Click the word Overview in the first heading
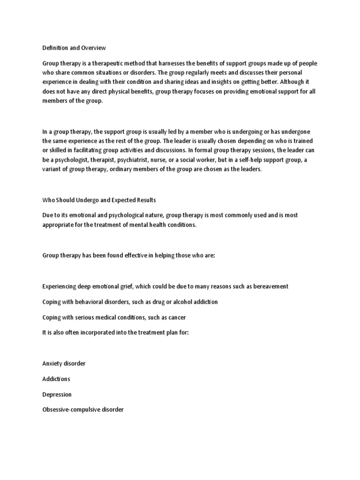pos(94,48)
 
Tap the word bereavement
pos(267,286)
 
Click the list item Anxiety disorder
pos(64,364)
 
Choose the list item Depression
pos(57,394)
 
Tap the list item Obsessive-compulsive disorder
pos(83,410)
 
